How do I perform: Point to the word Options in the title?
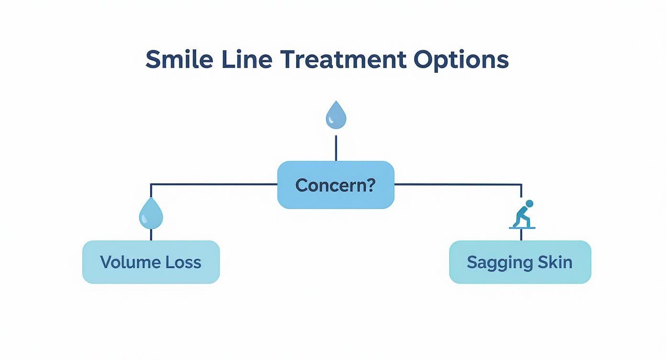point(461,60)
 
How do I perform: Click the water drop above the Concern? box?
point(336,115)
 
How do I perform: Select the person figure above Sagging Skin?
point(522,214)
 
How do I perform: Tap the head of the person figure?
point(529,203)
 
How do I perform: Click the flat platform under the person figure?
point(522,228)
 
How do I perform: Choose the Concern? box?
point(336,185)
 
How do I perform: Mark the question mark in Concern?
point(371,185)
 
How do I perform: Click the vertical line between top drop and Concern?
point(336,148)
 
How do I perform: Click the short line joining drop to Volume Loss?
point(151,235)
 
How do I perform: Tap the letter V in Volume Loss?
point(105,262)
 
